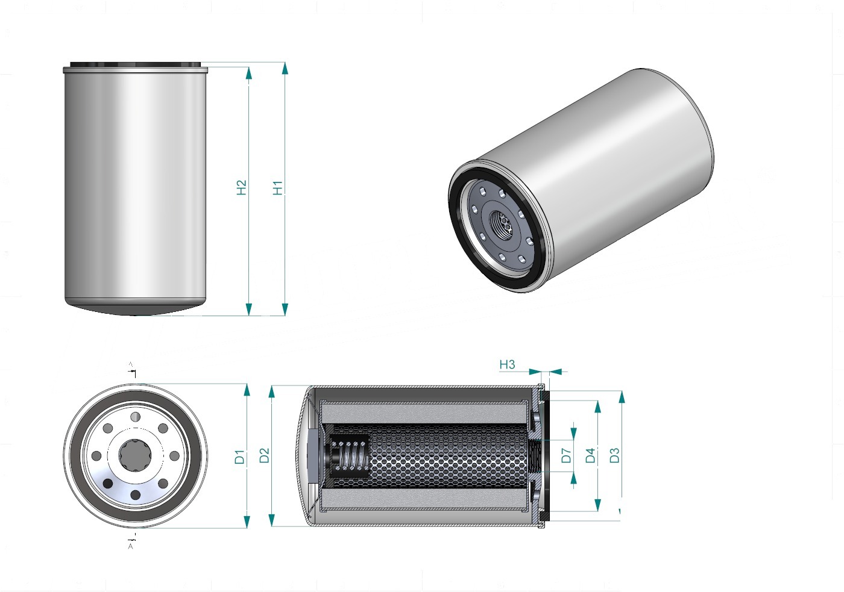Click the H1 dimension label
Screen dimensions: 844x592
pos(278,188)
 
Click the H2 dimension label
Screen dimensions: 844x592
pos(241,187)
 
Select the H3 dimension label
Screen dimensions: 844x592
pos(507,364)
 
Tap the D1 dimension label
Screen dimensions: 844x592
pos(240,456)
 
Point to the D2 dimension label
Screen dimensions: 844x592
pos(265,455)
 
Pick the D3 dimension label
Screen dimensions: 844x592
pos(614,455)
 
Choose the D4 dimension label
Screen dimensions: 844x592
pos(590,455)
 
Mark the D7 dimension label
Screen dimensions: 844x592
pos(566,455)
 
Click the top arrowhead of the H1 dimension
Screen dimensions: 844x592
pos(285,69)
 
